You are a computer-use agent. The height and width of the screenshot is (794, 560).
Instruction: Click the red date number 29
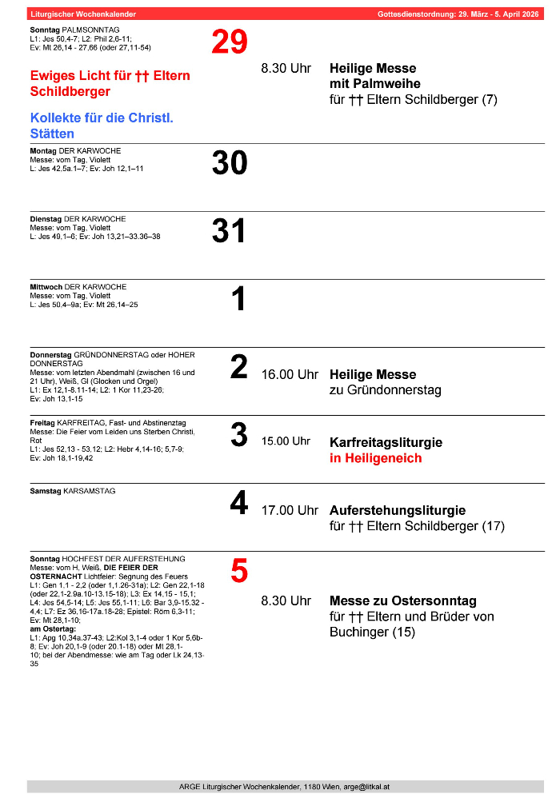(x=230, y=42)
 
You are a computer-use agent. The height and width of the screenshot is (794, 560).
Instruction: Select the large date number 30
(x=230, y=163)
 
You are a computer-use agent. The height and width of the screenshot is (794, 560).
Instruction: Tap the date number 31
(x=230, y=231)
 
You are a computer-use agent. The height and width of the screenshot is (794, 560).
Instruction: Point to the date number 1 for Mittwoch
(x=238, y=300)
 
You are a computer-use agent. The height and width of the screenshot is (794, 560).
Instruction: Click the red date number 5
(x=239, y=571)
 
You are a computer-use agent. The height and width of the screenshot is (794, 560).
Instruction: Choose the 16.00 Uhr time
(x=290, y=374)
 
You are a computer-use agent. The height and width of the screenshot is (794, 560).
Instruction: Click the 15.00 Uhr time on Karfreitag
(x=286, y=441)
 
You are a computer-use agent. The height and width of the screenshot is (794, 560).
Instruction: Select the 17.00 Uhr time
(x=290, y=510)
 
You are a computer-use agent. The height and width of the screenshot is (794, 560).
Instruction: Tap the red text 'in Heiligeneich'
(x=375, y=458)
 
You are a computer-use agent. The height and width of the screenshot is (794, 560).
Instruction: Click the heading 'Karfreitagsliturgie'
(x=386, y=442)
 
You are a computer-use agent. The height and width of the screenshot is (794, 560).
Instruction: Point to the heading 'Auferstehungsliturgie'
(x=398, y=510)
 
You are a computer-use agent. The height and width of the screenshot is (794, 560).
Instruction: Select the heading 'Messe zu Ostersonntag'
(x=402, y=600)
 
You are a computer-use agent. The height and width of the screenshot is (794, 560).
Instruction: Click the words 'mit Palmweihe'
(x=374, y=84)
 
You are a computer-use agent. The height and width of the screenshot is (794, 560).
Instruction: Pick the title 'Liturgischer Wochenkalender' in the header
(x=83, y=14)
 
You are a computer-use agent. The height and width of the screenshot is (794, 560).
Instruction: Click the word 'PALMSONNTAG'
(x=85, y=30)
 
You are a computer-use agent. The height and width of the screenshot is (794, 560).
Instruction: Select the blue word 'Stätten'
(x=52, y=134)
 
